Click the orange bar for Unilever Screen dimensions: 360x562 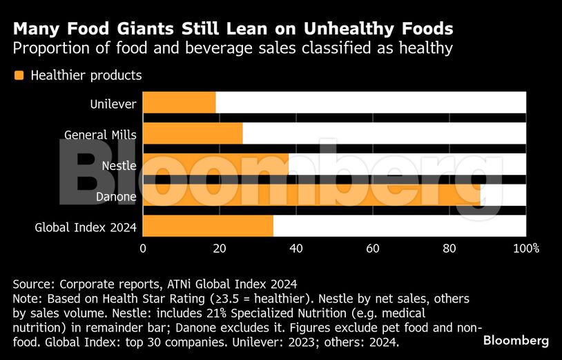pos(180,102)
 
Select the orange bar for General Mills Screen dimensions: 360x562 pos(193,133)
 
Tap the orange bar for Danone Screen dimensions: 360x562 pos(311,195)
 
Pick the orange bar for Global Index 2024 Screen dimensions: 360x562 pos(208,226)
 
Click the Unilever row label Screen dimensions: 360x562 pos(113,104)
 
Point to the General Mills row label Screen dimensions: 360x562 pos(100,135)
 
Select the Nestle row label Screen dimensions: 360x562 pos(119,166)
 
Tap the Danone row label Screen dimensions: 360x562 pos(117,196)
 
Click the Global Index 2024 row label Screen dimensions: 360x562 pos(86,227)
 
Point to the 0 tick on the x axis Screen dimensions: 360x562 pos(143,248)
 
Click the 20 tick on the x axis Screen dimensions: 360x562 pos(220,248)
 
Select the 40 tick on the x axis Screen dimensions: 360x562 pos(296,248)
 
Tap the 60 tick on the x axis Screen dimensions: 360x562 pos(373,248)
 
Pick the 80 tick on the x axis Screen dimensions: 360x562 pos(449,248)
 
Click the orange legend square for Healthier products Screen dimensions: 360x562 pos(19,75)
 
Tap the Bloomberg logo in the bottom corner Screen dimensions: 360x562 pos(516,341)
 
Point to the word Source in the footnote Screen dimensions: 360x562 pos(33,284)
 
